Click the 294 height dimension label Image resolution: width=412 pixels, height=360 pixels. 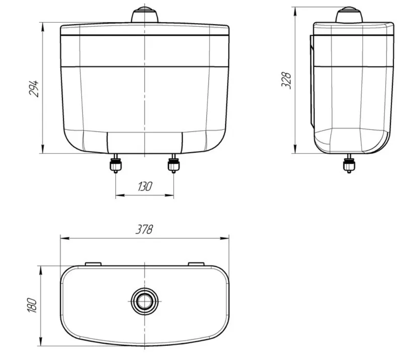(x=34, y=89)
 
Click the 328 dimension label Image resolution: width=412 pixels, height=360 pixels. (x=286, y=80)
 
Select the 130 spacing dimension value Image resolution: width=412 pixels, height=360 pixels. (x=145, y=187)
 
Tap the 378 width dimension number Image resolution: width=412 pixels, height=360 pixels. (x=144, y=229)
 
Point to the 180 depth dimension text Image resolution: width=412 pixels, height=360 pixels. (x=32, y=305)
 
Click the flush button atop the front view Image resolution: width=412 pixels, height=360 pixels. (x=144, y=15)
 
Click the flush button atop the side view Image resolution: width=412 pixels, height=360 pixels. (x=349, y=15)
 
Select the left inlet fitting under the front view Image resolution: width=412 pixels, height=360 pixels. (x=116, y=163)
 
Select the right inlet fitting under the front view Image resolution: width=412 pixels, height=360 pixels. (x=174, y=163)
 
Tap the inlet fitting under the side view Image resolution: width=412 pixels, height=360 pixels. (x=349, y=163)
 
